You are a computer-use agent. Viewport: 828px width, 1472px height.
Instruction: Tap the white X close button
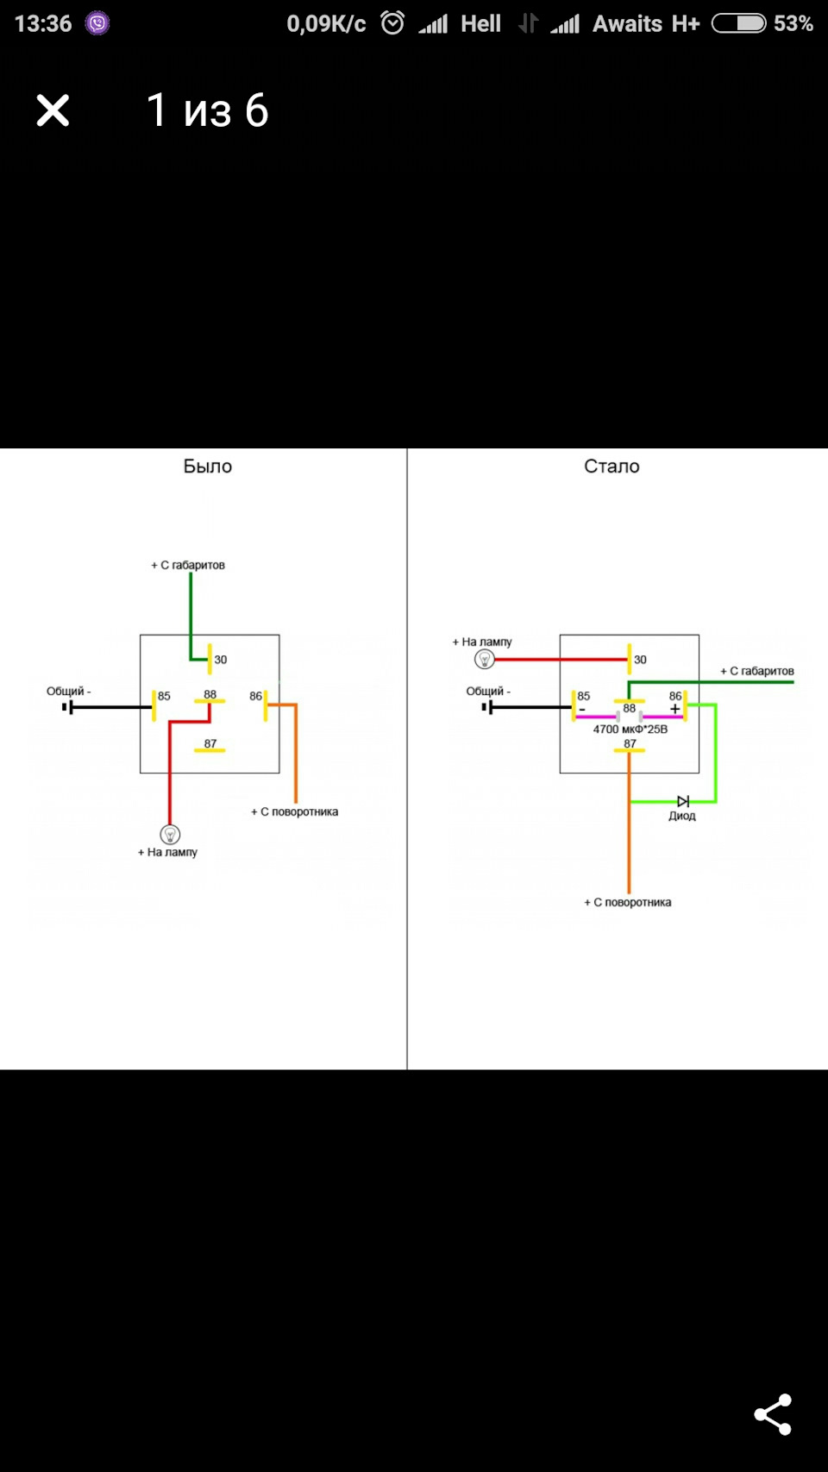click(53, 110)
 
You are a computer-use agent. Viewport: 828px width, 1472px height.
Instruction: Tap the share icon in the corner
click(773, 1414)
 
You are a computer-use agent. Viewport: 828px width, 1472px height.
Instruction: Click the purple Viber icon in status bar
click(97, 23)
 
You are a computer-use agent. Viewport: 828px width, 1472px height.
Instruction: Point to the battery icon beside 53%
click(738, 23)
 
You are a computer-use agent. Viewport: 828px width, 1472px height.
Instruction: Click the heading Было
click(207, 466)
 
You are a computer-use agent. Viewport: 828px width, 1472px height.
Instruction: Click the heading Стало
click(612, 466)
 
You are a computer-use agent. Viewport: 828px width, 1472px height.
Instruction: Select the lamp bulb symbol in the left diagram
click(170, 834)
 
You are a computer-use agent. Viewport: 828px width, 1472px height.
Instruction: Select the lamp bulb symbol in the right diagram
click(485, 659)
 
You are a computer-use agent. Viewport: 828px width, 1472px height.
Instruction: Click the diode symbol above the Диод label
click(683, 801)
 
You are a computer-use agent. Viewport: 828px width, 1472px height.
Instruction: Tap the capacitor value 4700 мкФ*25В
click(630, 729)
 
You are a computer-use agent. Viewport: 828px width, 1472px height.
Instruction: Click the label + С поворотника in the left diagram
click(294, 811)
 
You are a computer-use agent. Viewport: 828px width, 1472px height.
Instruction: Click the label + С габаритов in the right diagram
click(757, 671)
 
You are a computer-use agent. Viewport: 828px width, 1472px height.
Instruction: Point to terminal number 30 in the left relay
click(220, 659)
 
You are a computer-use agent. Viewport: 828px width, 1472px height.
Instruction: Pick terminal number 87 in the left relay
click(210, 743)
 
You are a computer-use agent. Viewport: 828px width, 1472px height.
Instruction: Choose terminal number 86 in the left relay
click(255, 696)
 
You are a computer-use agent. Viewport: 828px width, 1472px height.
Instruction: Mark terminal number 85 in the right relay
click(584, 696)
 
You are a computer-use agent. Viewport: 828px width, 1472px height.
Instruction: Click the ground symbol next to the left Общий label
click(67, 707)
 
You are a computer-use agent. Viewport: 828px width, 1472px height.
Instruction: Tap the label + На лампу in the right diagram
click(481, 642)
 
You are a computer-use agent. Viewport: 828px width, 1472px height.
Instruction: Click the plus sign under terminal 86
click(674, 709)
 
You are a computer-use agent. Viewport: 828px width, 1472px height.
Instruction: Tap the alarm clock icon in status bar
click(392, 23)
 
